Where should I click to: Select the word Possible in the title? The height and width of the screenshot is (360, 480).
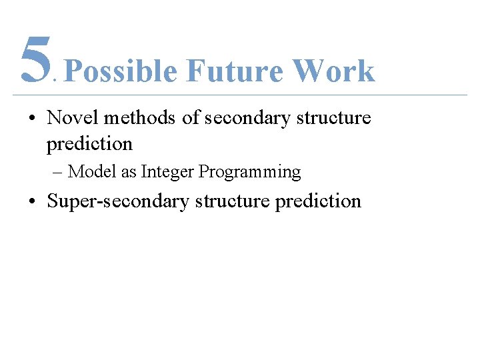click(x=121, y=71)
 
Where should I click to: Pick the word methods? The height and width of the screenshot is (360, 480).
click(x=139, y=118)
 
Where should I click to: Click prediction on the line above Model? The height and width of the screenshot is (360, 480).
click(x=90, y=144)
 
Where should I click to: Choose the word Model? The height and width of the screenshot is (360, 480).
click(x=93, y=172)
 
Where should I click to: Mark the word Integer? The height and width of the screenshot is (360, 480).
click(x=168, y=173)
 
